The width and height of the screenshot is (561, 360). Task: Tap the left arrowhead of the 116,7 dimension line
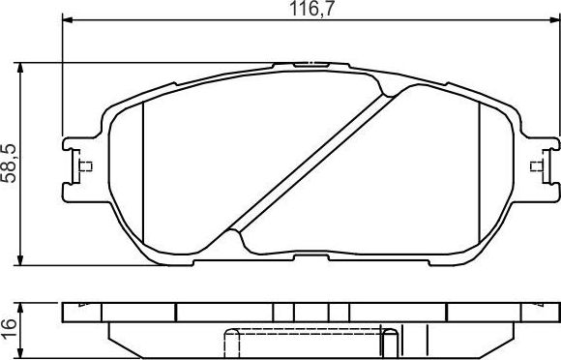click(x=68, y=19)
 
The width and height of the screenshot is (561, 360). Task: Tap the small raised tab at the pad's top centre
click(x=311, y=65)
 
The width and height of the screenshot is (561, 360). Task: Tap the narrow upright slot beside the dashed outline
click(x=390, y=344)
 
